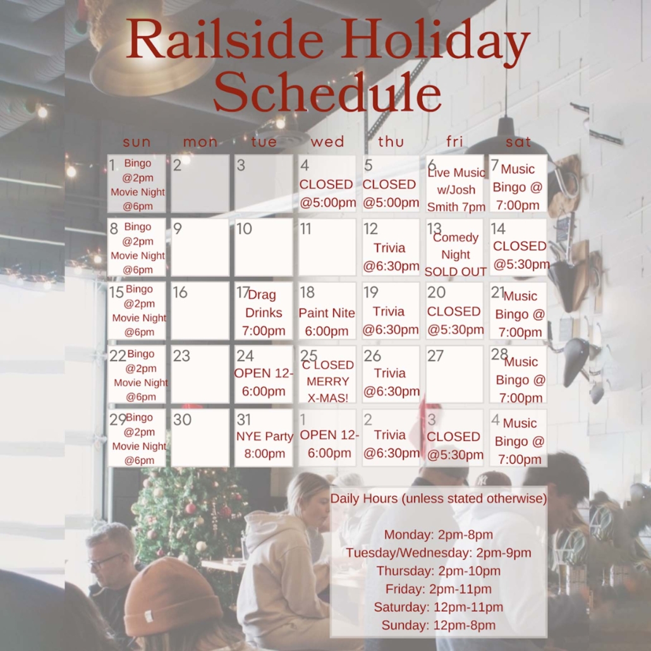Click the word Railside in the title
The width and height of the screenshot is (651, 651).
point(225,40)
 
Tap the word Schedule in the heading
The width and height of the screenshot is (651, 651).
point(327,93)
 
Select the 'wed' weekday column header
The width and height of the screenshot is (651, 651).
point(327,142)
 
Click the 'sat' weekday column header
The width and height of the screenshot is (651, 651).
point(518,142)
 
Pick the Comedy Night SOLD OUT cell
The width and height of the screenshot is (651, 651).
point(454,248)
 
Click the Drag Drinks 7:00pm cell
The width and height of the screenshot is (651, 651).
point(264,311)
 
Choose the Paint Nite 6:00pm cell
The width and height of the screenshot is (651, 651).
point(327,311)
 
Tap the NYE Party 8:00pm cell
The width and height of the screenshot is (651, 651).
point(264,438)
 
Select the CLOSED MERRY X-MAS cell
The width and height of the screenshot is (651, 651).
point(327,375)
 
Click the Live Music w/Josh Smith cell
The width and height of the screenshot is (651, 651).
point(454,184)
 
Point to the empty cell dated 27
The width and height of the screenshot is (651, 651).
point(454,375)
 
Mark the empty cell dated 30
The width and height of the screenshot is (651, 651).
point(200,438)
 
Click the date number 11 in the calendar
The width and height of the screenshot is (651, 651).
point(305,229)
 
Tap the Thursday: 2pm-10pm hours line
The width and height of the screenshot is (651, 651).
point(439,571)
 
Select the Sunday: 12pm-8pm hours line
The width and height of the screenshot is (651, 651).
point(439,625)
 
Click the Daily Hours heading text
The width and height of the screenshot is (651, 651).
point(439,498)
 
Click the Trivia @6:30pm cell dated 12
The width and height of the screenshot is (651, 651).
point(391,248)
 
